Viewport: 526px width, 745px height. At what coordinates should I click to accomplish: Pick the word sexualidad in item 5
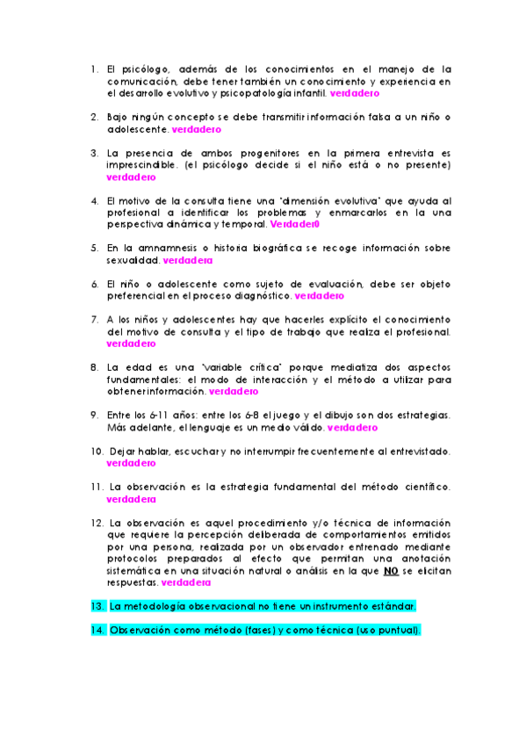(x=133, y=260)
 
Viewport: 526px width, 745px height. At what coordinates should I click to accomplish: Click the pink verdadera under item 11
(x=131, y=499)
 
